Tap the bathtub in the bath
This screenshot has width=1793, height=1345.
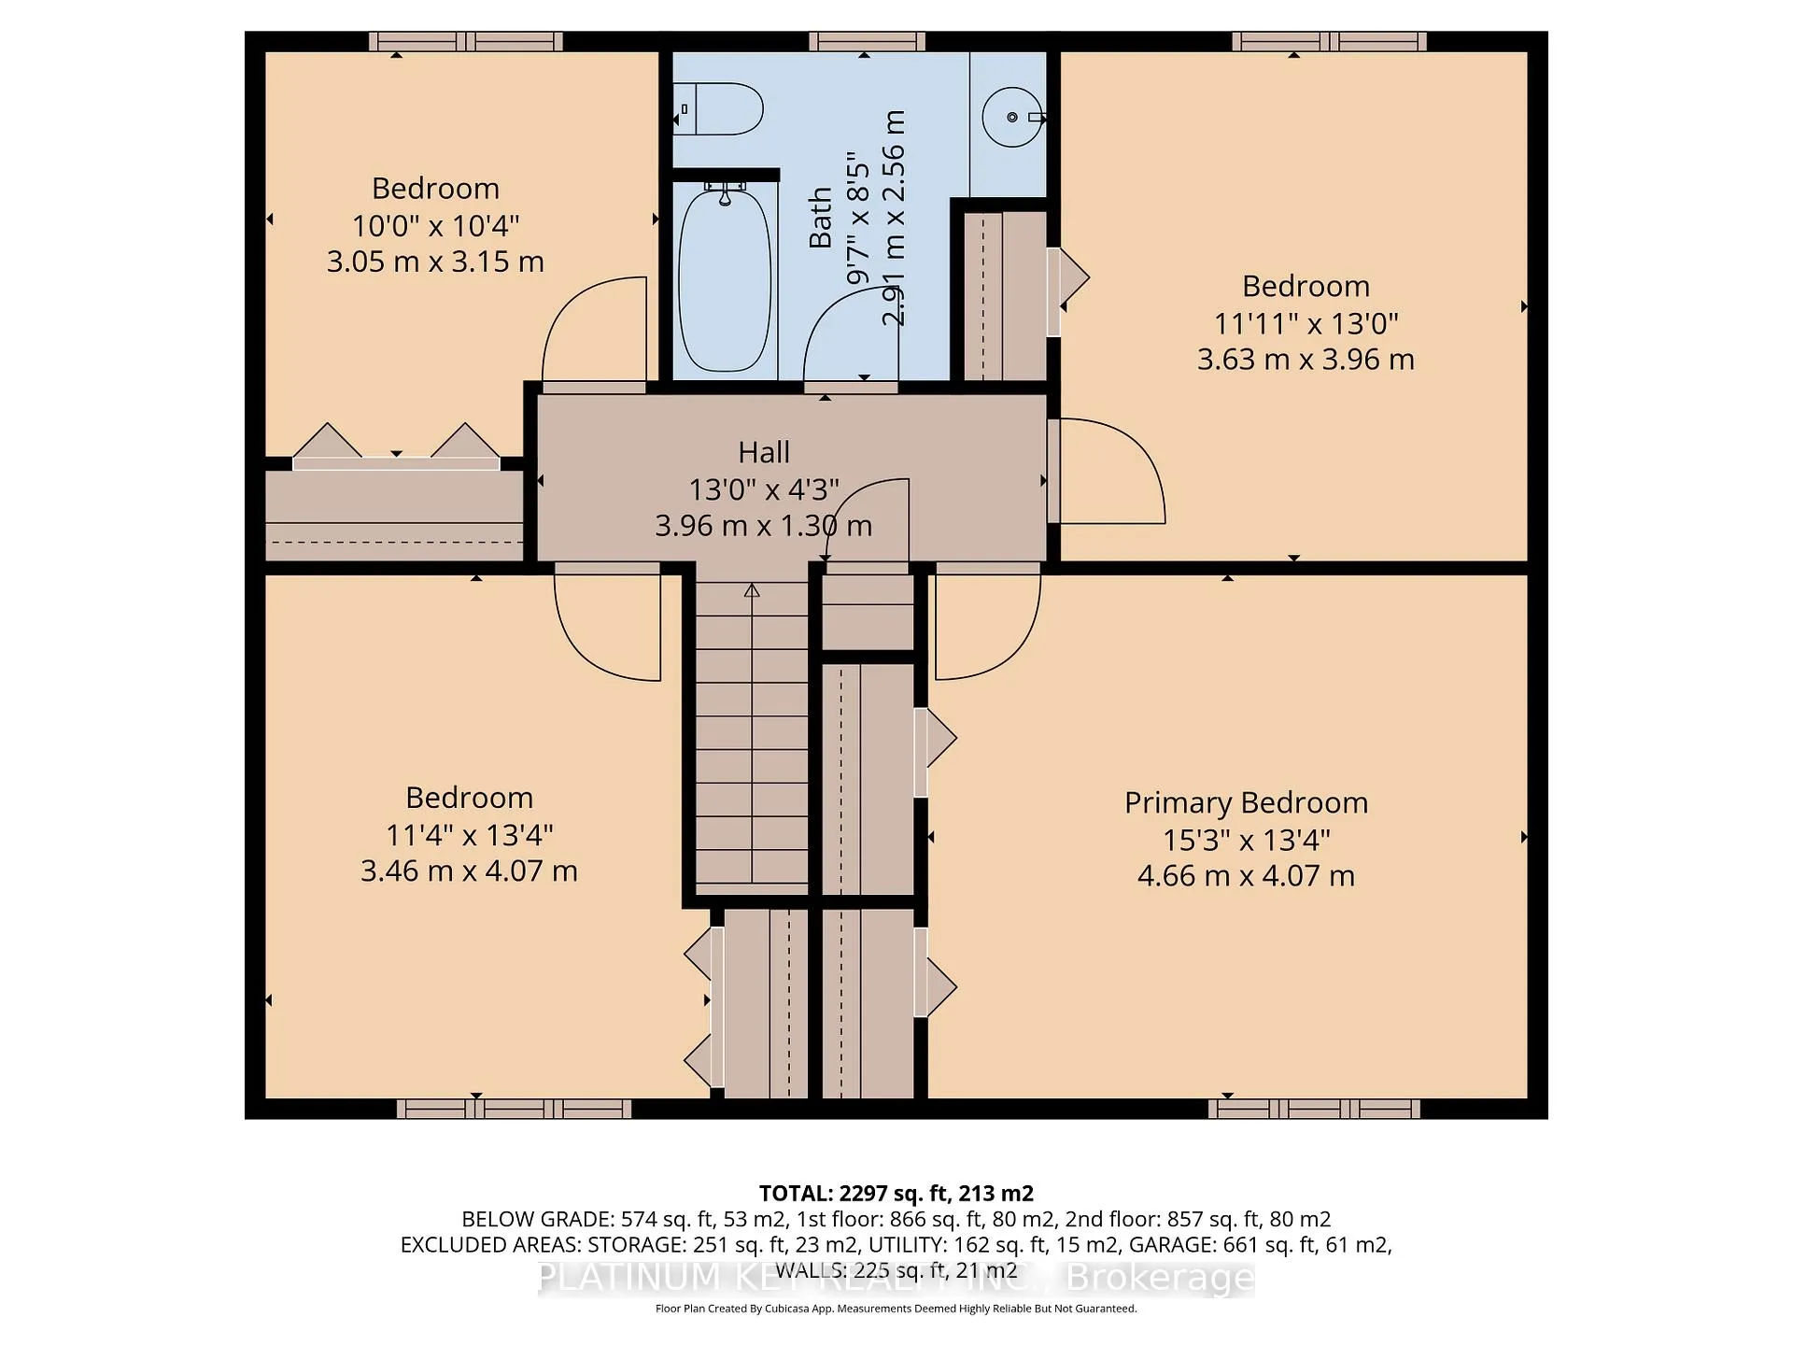tap(725, 280)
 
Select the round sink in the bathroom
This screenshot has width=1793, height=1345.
tap(1012, 117)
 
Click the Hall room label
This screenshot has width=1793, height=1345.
tap(764, 452)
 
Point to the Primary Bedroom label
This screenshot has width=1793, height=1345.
tap(1246, 802)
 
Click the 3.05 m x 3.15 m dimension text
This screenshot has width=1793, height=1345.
tap(435, 262)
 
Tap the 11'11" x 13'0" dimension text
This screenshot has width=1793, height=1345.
tap(1306, 323)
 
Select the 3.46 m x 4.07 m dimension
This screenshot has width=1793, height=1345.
tap(469, 871)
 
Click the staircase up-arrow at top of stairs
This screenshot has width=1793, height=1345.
tap(752, 590)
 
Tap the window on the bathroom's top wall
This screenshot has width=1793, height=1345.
tap(867, 41)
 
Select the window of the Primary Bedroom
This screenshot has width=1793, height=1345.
tap(1314, 1109)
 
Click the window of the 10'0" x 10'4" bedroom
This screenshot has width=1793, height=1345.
tap(465, 41)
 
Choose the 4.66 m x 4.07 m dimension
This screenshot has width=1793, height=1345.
tap(1246, 876)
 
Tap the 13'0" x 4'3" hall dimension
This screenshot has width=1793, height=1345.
tap(764, 489)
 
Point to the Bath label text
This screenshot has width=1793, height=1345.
tap(820, 218)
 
